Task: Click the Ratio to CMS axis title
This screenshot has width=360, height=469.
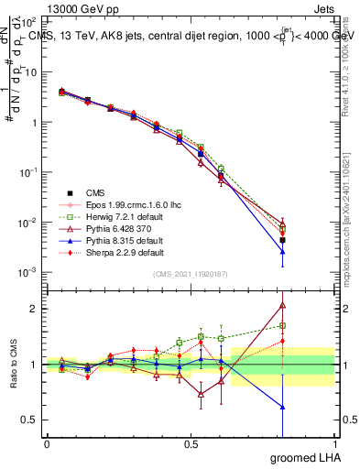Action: (13, 364)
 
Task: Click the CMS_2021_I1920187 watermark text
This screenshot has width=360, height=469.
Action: (191, 274)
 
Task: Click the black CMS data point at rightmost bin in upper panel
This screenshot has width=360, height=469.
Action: (283, 240)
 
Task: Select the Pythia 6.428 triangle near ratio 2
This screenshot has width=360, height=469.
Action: (283, 306)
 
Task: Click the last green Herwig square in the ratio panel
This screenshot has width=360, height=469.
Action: (283, 325)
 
